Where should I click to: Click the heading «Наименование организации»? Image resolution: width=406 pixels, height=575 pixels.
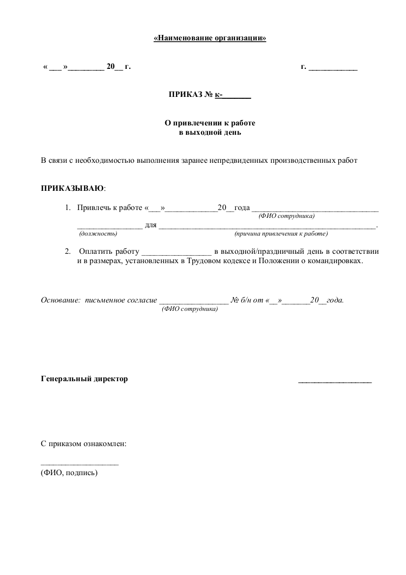(210, 38)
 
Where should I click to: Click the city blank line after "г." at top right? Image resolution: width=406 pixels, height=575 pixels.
(333, 68)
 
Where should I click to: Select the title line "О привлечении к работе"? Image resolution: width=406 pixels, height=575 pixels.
(210, 123)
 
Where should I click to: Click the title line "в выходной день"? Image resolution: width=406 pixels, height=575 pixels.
(210, 132)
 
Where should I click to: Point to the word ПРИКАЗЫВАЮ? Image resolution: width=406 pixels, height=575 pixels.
(72, 188)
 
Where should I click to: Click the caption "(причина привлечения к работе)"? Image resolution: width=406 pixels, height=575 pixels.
(281, 233)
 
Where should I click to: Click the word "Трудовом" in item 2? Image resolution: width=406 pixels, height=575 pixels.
(203, 261)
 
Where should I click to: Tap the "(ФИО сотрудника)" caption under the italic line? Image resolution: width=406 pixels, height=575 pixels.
(189, 309)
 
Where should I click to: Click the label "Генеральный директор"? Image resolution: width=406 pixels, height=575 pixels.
(84, 379)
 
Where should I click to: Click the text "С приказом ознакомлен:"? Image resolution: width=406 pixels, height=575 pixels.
(84, 444)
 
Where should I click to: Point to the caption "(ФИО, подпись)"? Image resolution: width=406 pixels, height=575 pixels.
(69, 473)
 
